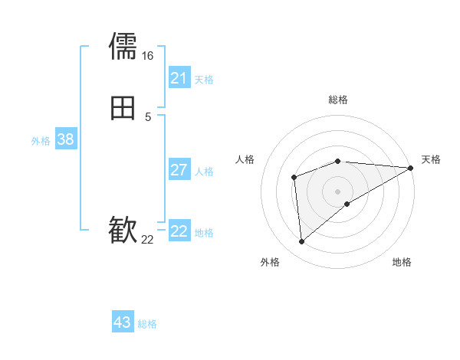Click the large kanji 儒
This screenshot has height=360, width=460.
123,46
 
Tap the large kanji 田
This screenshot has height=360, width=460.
123,108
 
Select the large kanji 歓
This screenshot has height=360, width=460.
123,231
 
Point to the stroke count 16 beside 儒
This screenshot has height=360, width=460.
147,56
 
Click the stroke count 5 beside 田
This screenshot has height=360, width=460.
148,117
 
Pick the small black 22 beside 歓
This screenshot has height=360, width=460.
147,241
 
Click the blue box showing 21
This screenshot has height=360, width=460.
179,78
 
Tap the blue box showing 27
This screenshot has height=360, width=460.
179,170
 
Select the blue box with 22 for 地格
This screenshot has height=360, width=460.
179,231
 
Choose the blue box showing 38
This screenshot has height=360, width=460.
65,139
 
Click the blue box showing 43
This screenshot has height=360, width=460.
123,322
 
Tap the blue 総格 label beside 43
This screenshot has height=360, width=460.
147,325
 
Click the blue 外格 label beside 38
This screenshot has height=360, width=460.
41,141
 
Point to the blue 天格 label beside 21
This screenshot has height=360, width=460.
204,80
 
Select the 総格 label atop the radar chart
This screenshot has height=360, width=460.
338,100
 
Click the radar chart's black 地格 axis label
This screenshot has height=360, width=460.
402,262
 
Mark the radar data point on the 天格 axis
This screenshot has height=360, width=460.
411,168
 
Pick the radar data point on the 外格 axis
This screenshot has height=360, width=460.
302,242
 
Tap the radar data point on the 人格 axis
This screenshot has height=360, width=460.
294,178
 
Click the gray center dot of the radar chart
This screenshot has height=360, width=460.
338,191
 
